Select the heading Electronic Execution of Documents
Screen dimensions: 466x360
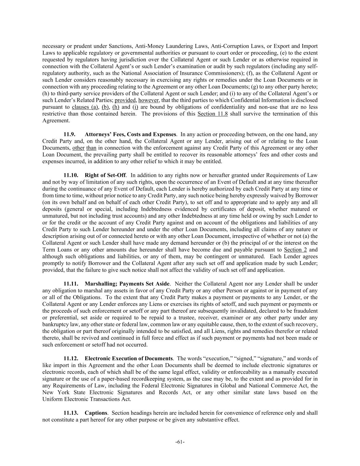(129, 358)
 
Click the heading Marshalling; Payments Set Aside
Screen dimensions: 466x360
(127, 284)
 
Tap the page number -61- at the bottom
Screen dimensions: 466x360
(180, 442)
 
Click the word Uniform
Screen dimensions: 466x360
(52, 399)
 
